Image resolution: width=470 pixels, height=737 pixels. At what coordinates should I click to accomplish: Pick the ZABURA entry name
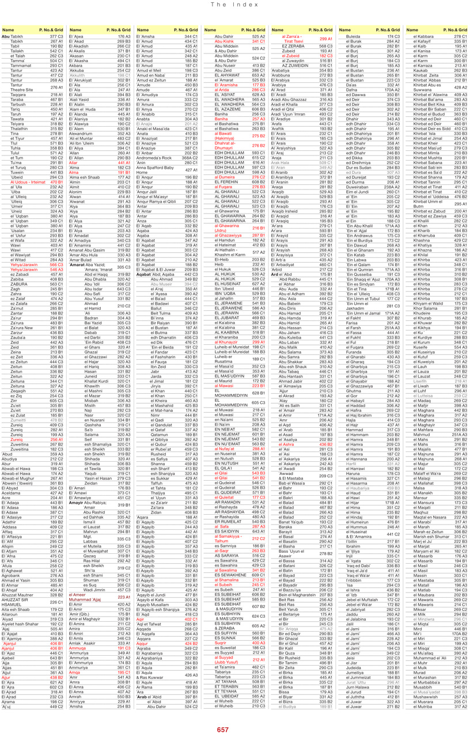(20, 284)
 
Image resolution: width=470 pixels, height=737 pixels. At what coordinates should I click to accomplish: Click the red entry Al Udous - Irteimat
(28, 182)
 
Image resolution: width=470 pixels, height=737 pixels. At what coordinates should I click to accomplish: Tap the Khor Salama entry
(427, 325)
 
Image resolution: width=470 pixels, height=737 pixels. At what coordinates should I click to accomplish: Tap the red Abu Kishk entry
(224, 41)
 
